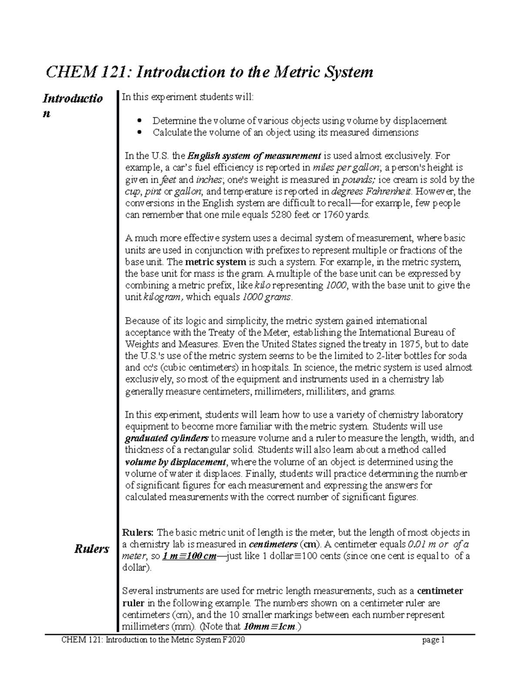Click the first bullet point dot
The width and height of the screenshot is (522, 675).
(140, 121)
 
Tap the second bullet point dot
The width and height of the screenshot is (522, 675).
(140, 133)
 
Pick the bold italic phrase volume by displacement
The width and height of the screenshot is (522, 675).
(176, 462)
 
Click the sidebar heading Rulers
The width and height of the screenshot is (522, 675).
(91, 549)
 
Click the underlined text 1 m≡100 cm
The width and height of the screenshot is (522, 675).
(189, 556)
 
